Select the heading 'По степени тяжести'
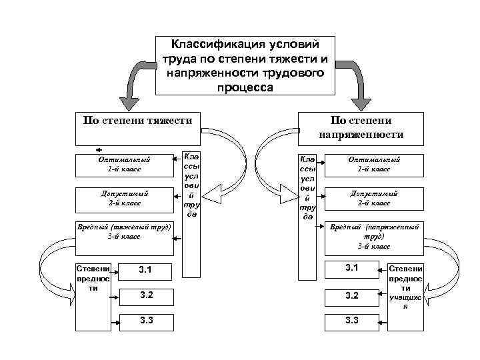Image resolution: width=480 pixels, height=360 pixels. click(137, 121)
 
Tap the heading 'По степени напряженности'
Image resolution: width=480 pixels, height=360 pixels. click(361, 127)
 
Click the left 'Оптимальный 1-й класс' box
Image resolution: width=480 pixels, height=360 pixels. click(123, 164)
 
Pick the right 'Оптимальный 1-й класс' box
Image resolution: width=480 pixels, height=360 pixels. click(374, 164)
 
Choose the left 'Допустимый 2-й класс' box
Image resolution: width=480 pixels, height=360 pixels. click(123, 197)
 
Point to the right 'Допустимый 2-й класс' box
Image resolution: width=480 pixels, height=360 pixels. click(374, 197)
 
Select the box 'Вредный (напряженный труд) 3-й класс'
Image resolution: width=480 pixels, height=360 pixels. click(374, 236)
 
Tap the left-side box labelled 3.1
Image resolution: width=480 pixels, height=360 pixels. click(145, 270)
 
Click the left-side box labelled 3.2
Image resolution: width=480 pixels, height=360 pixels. click(145, 295)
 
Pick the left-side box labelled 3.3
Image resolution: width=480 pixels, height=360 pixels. click(145, 321)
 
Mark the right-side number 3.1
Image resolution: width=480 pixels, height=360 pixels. click(352, 268)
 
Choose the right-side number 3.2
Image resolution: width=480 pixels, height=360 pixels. click(352, 295)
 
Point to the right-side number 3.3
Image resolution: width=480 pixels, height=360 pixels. click(352, 321)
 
